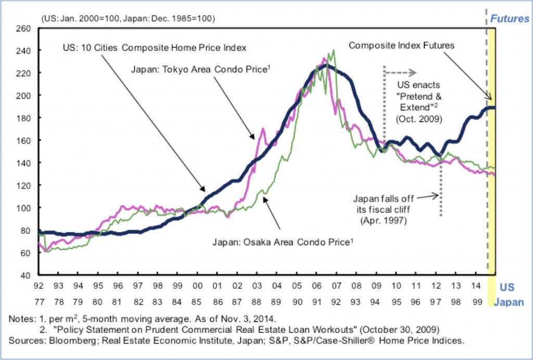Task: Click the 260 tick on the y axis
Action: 25,28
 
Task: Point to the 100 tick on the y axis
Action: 25,208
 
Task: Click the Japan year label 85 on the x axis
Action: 197,301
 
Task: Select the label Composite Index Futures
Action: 401,45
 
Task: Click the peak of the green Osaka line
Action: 333,50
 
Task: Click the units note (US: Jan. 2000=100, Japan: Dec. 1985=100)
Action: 128,19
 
